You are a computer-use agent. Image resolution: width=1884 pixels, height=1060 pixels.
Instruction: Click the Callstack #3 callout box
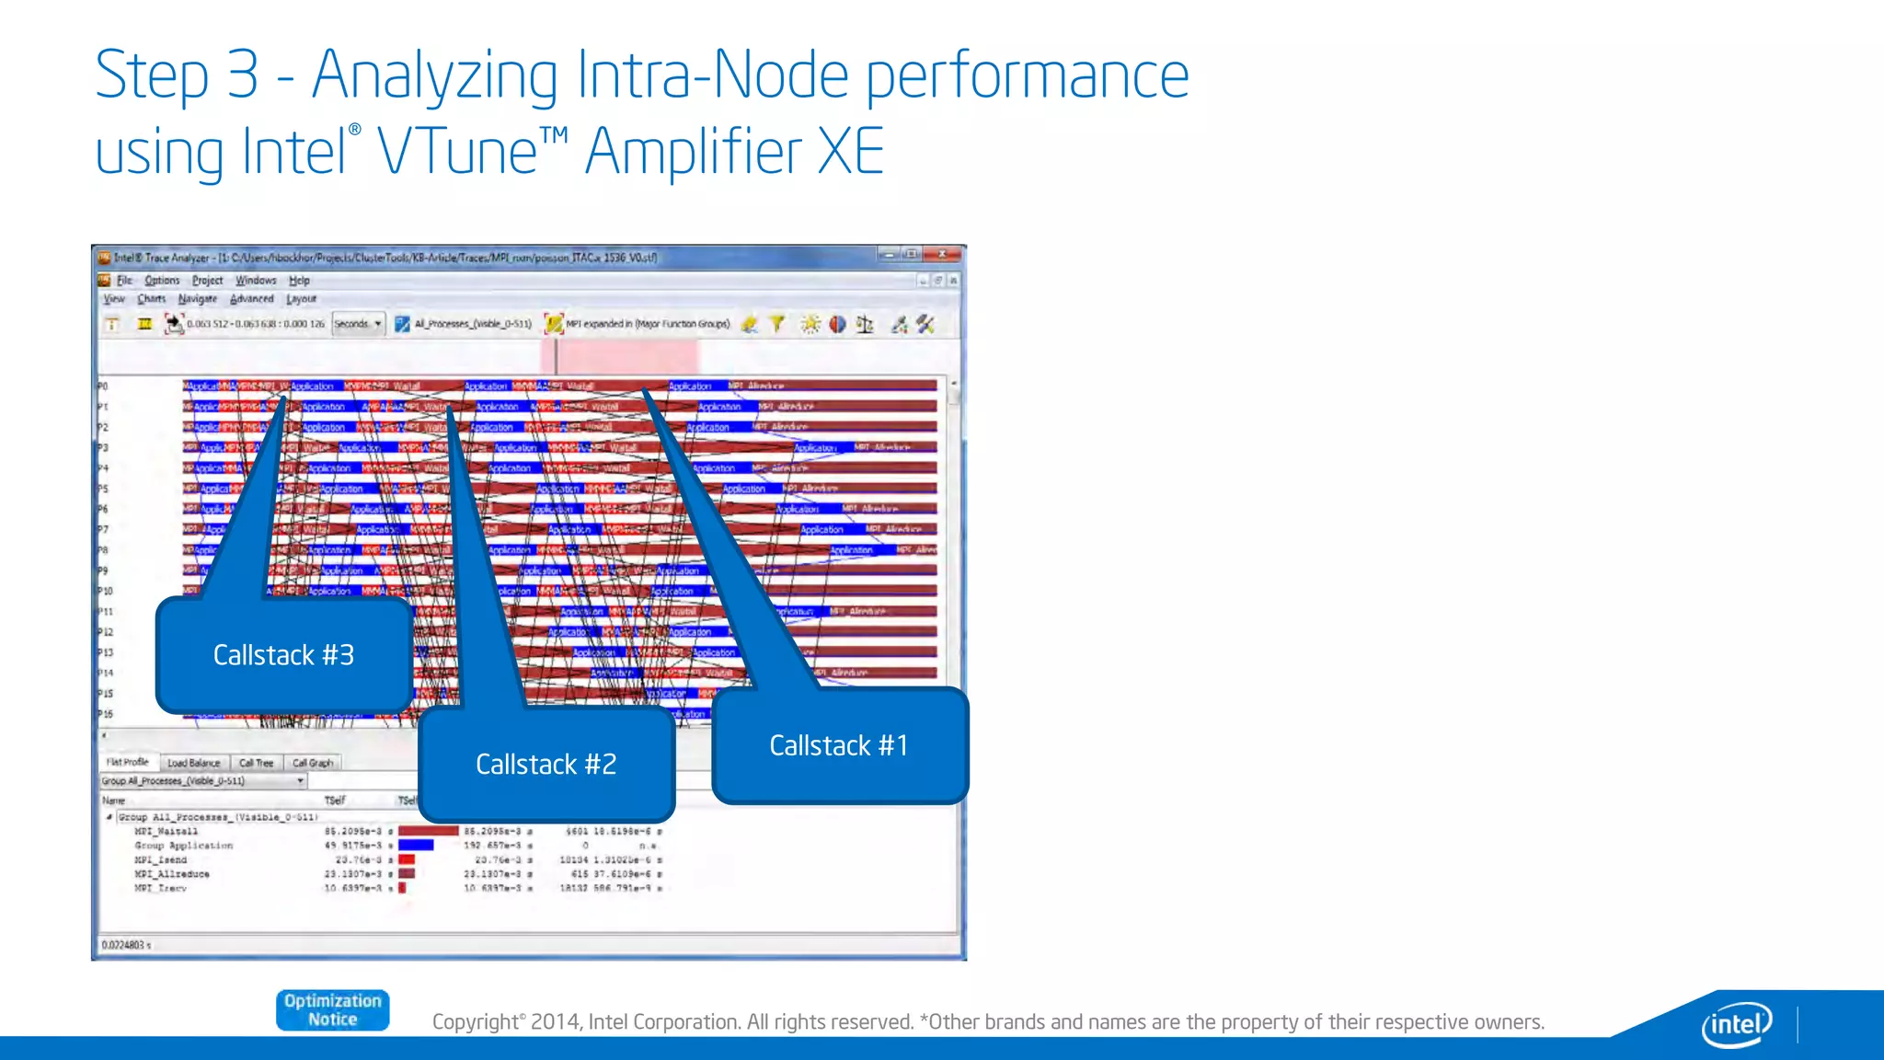[x=283, y=655]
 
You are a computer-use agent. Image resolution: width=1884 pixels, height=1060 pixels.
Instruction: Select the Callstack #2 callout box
[x=546, y=764]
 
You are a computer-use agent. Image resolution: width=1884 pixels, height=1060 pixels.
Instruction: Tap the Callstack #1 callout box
[x=839, y=745]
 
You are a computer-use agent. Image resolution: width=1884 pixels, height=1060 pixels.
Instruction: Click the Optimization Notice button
[x=332, y=1010]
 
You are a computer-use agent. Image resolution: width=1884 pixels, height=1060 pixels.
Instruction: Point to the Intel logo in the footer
[x=1736, y=1023]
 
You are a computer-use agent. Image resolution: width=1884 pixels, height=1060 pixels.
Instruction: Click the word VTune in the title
[x=458, y=152]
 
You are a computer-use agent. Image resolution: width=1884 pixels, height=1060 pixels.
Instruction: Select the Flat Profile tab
[x=127, y=763]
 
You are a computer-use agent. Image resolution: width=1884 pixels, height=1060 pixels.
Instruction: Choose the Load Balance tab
[x=193, y=763]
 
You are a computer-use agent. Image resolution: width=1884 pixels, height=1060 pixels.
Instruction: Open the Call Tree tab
[x=256, y=763]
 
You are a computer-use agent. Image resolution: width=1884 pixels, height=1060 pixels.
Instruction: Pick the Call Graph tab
[x=313, y=763]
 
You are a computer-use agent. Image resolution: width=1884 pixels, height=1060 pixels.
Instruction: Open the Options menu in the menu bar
[x=162, y=281]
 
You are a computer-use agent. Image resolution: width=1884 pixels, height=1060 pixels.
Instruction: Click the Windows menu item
[x=256, y=281]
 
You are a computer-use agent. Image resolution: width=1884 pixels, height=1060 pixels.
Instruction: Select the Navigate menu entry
[x=198, y=299]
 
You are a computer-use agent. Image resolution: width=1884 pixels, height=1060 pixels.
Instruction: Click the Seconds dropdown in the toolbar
[x=357, y=324]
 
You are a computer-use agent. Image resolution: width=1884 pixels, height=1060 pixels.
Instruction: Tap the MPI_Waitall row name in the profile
[x=166, y=832]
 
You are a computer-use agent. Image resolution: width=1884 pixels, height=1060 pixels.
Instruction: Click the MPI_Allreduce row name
[x=172, y=874]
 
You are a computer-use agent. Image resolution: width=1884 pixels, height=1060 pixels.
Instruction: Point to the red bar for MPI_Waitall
[x=428, y=831]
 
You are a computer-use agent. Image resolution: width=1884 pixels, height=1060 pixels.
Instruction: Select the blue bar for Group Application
[x=416, y=845]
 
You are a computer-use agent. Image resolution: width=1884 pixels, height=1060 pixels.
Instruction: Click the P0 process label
[x=103, y=386]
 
